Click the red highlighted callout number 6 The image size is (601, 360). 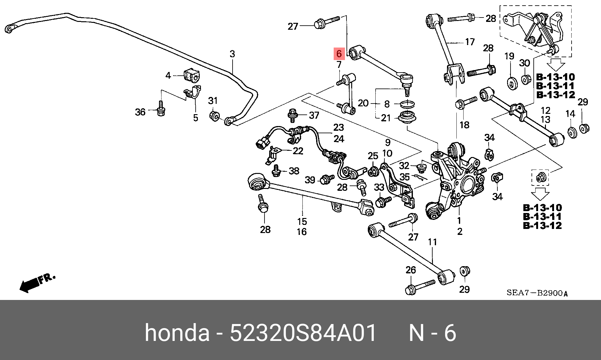pos(339,54)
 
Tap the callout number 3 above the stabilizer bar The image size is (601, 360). pos(232,54)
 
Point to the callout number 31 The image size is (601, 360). pos(213,101)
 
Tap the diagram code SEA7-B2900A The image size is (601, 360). pos(537,293)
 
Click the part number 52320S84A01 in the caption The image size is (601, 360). pos(303,333)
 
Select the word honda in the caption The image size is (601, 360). pos(177,333)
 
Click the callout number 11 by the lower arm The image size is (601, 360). pos(432,242)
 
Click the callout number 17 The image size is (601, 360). pos(470,42)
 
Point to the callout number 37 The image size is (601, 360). pos(314,115)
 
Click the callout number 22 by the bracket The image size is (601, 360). pos(298,151)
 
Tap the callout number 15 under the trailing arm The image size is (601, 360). pos(302,221)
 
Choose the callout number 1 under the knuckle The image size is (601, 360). pos(459,221)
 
